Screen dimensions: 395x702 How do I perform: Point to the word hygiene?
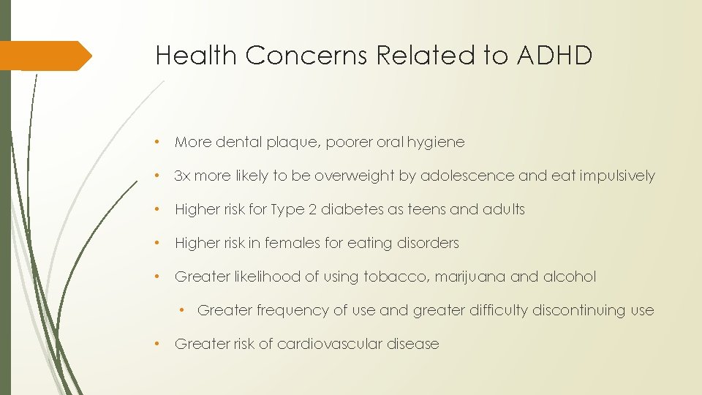point(437,143)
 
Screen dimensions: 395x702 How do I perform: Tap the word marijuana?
point(464,277)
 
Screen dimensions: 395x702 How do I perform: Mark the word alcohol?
point(569,276)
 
